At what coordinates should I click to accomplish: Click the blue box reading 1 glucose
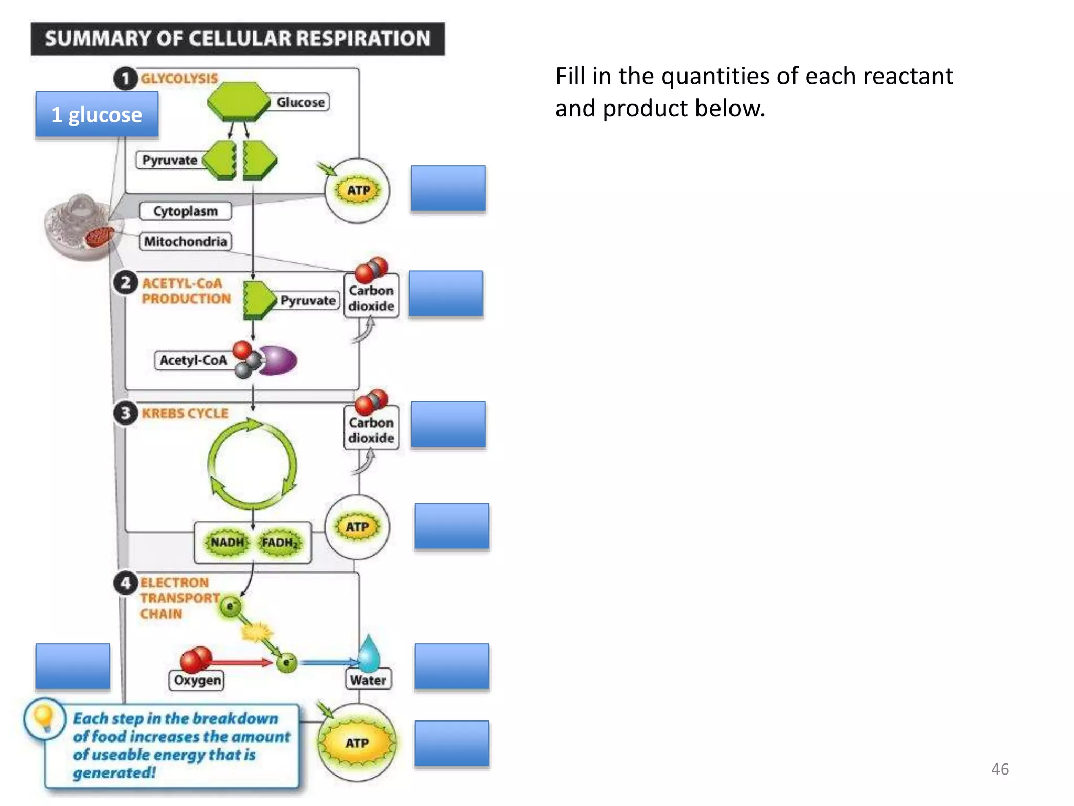97,114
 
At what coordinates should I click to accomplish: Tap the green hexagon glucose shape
239,101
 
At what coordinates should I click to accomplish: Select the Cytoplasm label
185,211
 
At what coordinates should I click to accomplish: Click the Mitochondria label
186,241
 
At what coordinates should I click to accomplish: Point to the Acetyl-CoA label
193,360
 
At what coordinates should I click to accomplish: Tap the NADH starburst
227,542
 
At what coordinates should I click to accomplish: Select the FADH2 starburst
280,543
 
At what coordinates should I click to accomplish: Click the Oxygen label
197,681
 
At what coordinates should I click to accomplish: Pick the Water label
368,681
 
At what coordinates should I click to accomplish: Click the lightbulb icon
44,718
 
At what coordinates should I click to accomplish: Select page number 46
1000,769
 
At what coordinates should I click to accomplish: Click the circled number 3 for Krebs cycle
125,413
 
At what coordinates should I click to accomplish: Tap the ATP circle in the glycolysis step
358,190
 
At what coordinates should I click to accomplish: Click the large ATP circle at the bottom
357,743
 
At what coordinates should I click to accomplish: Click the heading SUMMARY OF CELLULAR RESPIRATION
238,38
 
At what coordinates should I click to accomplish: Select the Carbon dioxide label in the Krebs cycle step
371,430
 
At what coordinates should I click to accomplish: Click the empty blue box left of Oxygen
73,666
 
